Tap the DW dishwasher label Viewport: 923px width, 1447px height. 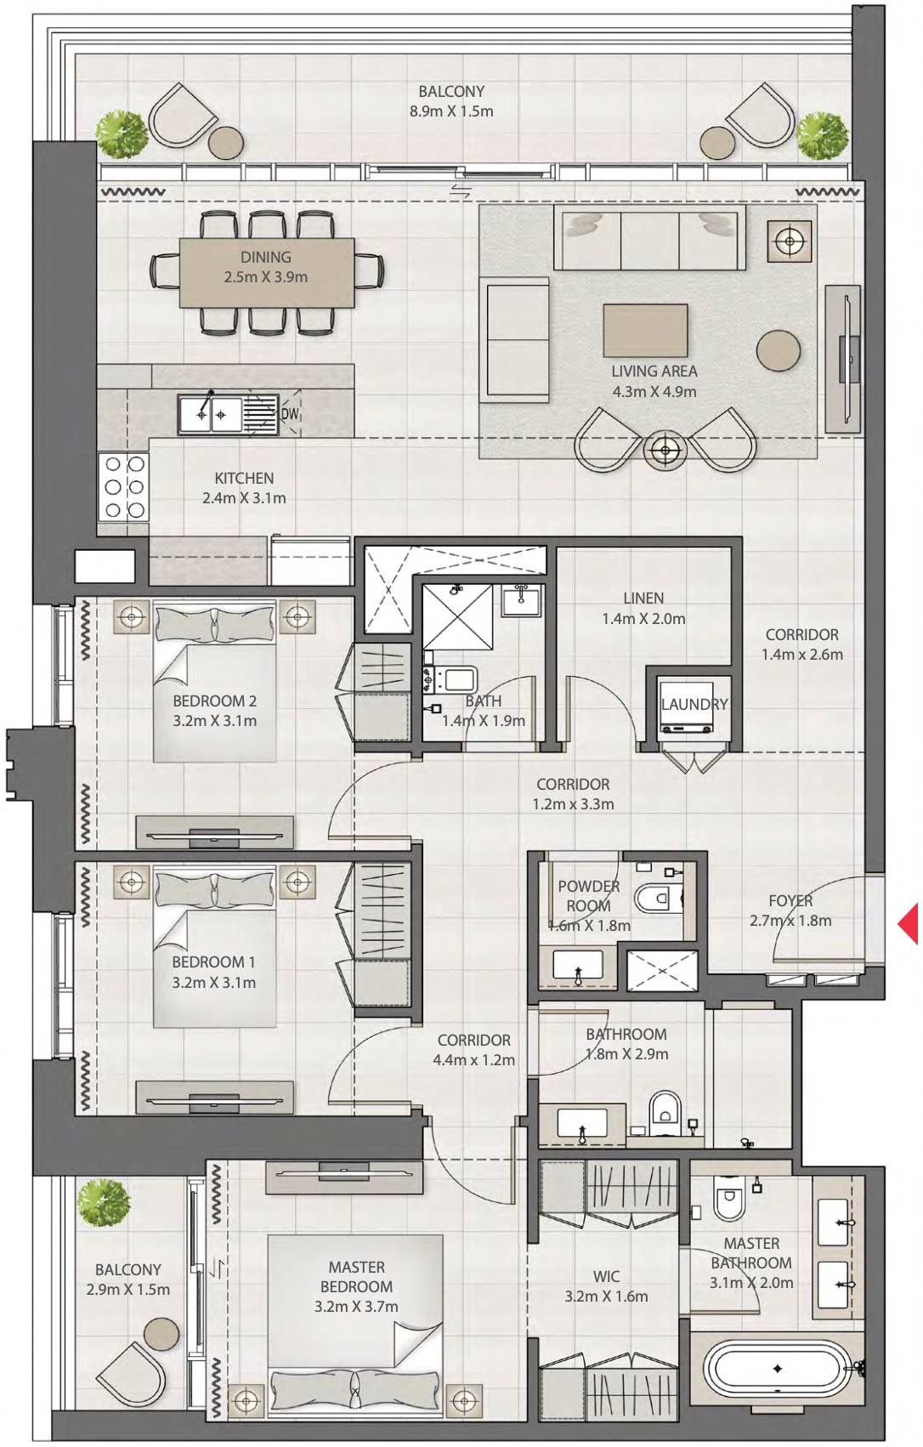click(291, 414)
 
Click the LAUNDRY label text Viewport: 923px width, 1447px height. click(694, 704)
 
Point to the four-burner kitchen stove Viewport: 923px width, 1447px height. click(124, 488)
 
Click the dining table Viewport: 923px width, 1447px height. click(267, 272)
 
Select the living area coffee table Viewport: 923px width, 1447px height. click(646, 330)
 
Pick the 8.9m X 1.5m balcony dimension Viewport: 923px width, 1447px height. click(451, 111)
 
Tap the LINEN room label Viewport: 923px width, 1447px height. click(643, 599)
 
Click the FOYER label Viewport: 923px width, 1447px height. click(790, 900)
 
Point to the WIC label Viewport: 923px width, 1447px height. click(606, 1276)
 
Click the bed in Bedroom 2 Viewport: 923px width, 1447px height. click(215, 680)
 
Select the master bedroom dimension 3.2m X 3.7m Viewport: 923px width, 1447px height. click(356, 1307)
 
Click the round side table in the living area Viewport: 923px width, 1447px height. click(778, 350)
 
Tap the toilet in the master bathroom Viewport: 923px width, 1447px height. click(728, 1201)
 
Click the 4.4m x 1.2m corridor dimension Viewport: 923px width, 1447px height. click(474, 1060)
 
